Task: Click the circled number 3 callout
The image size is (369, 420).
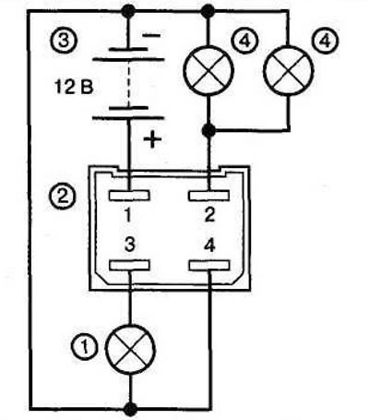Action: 63,41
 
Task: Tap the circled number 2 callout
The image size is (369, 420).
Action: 63,196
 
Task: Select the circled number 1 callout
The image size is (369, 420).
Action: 84,347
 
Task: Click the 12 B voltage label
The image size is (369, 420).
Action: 74,87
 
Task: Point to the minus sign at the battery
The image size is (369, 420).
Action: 151,35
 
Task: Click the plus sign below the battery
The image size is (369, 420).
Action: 152,139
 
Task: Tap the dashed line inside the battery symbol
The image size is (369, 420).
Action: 128,83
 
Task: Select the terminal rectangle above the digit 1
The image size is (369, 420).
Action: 129,196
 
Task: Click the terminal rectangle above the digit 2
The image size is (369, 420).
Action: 209,196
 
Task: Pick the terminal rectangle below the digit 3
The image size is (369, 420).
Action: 129,265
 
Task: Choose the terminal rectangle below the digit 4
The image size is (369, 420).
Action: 209,265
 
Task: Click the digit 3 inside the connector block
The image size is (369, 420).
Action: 130,245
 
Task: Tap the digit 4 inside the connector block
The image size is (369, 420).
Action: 209,246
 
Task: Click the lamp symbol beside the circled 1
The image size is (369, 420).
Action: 130,349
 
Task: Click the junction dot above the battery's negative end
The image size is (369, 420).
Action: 128,11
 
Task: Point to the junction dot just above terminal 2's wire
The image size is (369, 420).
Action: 208,130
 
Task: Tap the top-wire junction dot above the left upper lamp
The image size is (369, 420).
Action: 208,11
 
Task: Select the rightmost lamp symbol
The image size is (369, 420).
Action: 289,71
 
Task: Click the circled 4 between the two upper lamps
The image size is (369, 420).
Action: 244,41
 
